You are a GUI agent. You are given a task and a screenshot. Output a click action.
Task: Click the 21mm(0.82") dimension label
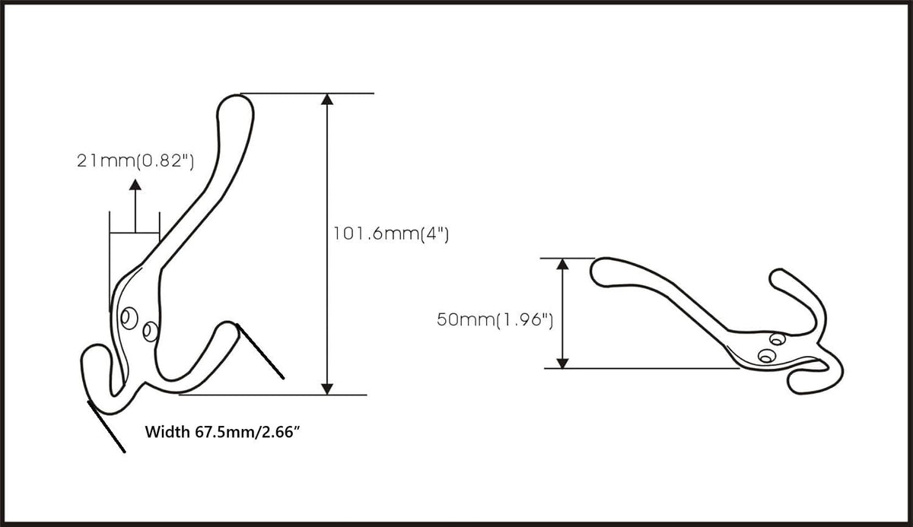[x=135, y=161]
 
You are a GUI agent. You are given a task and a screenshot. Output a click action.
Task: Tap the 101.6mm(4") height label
[x=391, y=234]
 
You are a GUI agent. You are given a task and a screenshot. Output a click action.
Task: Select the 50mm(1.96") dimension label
[x=495, y=319]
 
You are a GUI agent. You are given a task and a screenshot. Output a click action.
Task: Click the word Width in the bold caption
[x=167, y=432]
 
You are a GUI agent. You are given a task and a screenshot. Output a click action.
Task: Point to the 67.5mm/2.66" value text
[x=248, y=432]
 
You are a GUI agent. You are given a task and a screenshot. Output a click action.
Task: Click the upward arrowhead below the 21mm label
[x=135, y=185]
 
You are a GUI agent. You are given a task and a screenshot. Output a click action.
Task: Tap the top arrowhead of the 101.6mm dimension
[x=327, y=100]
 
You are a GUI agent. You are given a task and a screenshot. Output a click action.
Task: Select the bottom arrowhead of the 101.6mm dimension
[x=327, y=389]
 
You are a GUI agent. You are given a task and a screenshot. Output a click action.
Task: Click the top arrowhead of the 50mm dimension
[x=562, y=264]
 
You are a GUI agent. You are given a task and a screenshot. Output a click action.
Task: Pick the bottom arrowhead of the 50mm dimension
[x=562, y=363]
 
